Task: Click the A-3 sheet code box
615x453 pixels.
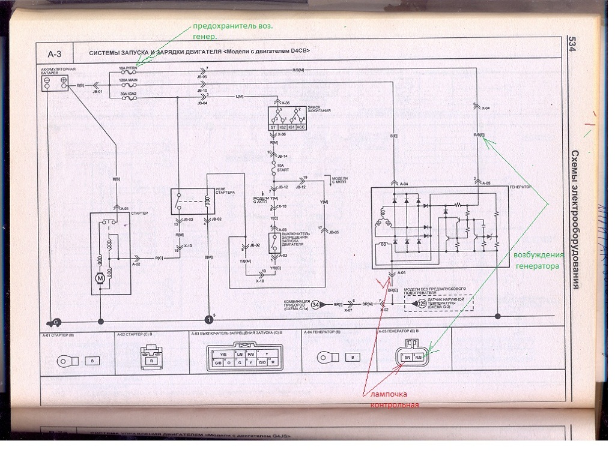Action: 59,54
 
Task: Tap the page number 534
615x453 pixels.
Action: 572,46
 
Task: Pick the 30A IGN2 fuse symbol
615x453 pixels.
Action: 128,98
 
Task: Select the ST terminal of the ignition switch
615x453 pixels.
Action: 274,128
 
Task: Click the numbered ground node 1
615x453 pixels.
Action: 208,320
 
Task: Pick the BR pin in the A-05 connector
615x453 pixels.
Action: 407,358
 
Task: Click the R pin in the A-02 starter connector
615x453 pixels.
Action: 151,361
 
